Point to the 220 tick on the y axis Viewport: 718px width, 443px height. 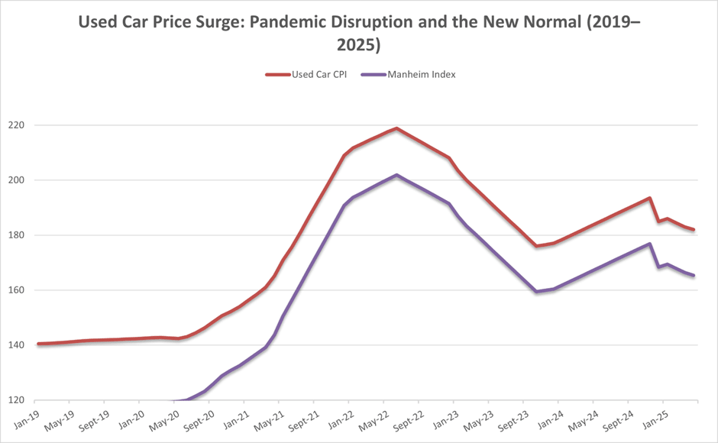point(19,125)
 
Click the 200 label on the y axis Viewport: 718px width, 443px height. point(19,180)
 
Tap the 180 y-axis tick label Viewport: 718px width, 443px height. point(19,235)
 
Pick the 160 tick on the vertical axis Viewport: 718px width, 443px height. point(19,290)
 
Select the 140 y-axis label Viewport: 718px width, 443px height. point(19,345)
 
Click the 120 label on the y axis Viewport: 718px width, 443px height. point(19,400)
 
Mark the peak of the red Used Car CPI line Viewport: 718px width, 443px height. point(396,128)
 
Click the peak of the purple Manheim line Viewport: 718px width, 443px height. point(396,175)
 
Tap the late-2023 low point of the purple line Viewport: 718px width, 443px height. point(536,292)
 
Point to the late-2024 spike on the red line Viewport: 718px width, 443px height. point(648,198)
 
